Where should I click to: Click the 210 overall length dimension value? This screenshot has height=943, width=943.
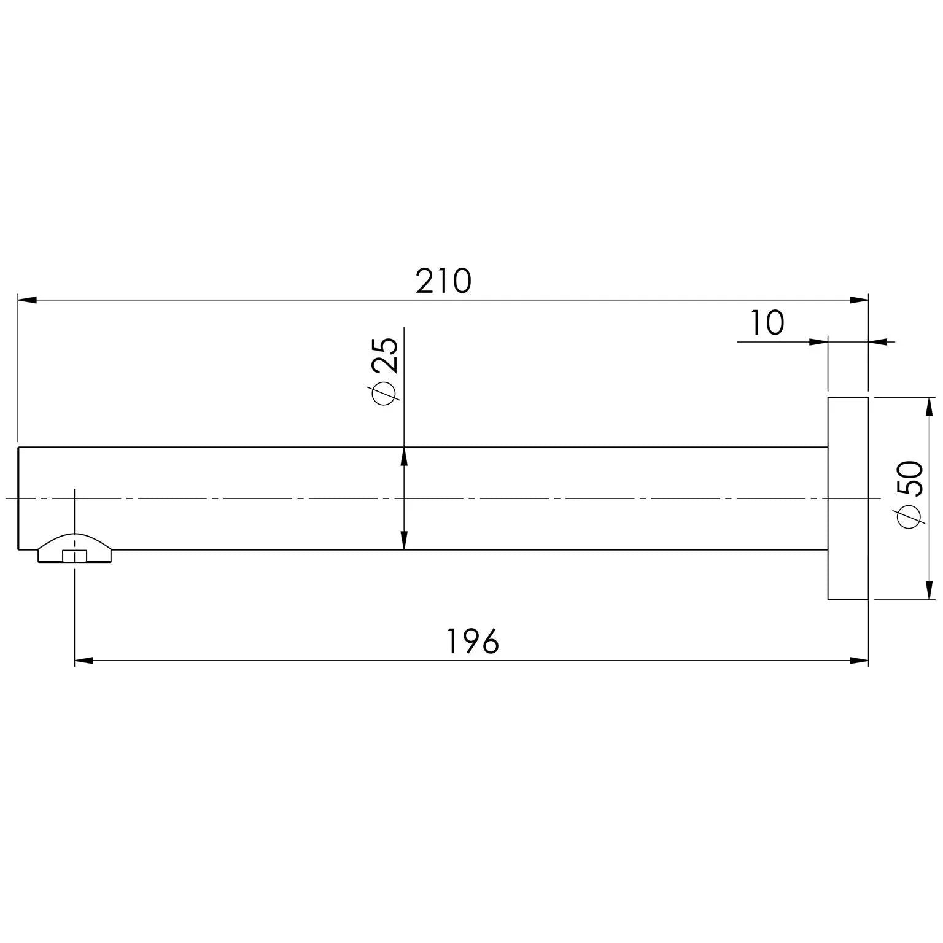click(443, 281)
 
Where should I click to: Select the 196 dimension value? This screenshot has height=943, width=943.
click(472, 642)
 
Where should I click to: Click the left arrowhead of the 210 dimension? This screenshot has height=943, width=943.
click(27, 300)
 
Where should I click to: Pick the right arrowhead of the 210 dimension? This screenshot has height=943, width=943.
click(860, 300)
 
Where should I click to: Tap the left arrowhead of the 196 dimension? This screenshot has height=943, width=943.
click(83, 661)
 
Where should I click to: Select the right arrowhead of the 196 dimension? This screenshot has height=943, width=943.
click(860, 661)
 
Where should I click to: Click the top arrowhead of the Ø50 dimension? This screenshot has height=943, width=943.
click(929, 406)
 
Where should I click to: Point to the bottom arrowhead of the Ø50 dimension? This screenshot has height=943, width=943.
click(929, 590)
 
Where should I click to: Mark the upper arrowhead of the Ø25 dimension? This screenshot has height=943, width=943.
click(404, 456)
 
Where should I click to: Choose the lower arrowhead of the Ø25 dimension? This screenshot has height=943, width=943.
click(404, 541)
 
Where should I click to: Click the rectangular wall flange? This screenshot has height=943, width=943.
click(848, 498)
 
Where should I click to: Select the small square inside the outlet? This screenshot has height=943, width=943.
click(74, 556)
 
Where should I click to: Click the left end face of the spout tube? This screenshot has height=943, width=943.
click(18, 498)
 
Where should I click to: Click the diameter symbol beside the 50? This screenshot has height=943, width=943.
click(910, 516)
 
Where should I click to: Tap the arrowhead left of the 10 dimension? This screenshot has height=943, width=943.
click(819, 341)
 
